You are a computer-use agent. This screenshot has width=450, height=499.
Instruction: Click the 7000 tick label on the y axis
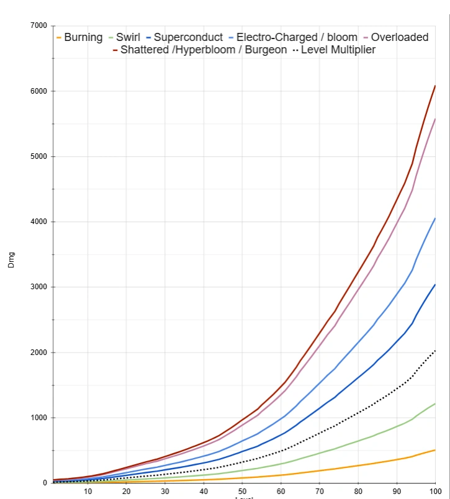[x=38, y=26]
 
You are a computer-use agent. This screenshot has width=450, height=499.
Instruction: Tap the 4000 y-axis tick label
[x=38, y=222]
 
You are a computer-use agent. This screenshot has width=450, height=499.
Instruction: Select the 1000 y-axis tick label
[x=38, y=418]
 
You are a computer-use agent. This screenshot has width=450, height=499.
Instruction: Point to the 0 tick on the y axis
[x=43, y=483]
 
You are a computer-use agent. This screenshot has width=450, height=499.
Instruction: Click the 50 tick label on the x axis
[x=243, y=492]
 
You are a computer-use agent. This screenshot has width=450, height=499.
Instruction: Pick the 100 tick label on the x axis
[x=434, y=492]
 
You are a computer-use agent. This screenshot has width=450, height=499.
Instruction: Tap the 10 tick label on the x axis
[x=88, y=492]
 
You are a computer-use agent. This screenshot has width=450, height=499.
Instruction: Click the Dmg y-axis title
[x=11, y=259]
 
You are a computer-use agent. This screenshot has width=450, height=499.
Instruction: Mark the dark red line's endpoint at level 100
[x=435, y=86]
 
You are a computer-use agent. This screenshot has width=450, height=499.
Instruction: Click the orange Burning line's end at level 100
[x=435, y=450]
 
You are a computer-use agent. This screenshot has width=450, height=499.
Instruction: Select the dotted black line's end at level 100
[x=435, y=351]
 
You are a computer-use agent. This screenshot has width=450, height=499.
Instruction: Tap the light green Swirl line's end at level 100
[x=435, y=404]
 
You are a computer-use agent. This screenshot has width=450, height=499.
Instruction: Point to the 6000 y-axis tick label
[x=38, y=91]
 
